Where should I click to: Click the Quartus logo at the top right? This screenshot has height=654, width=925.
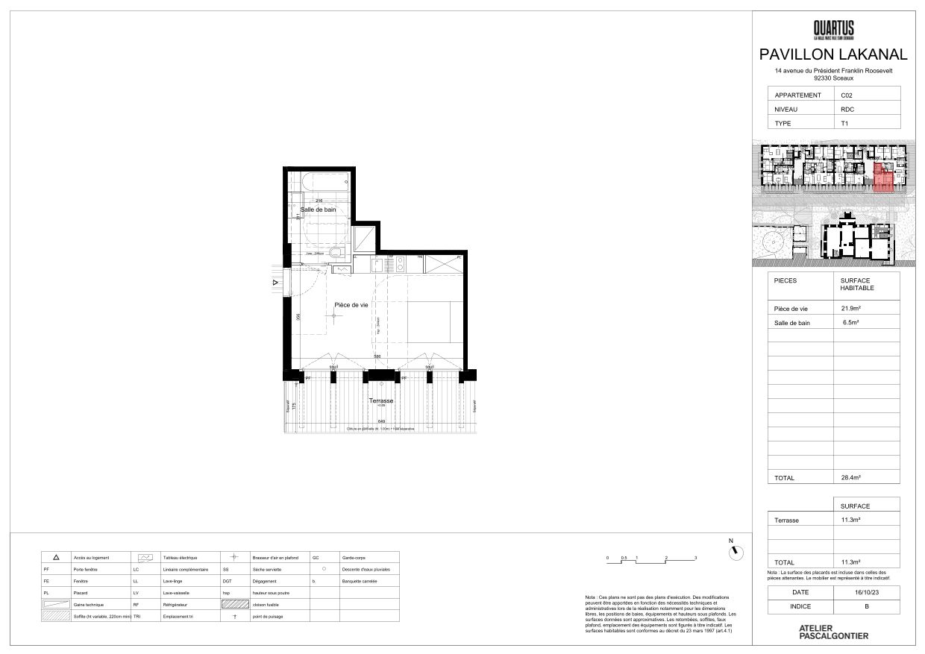tap(833, 30)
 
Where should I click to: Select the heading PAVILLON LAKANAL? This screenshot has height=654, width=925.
tap(833, 54)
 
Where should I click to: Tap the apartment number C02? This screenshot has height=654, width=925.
tap(847, 95)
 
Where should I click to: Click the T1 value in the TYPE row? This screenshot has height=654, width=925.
tap(844, 124)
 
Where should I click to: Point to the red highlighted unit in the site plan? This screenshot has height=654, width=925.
tap(882, 179)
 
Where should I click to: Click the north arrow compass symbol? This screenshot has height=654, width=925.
tap(736, 551)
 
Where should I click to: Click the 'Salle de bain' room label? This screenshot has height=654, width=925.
tap(318, 210)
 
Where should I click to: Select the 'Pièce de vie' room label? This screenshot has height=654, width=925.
tap(351, 305)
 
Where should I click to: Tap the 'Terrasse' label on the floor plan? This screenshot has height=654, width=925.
tap(380, 400)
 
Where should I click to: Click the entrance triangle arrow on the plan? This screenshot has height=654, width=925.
tap(275, 282)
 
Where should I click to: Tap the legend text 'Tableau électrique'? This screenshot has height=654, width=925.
tap(180, 557)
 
